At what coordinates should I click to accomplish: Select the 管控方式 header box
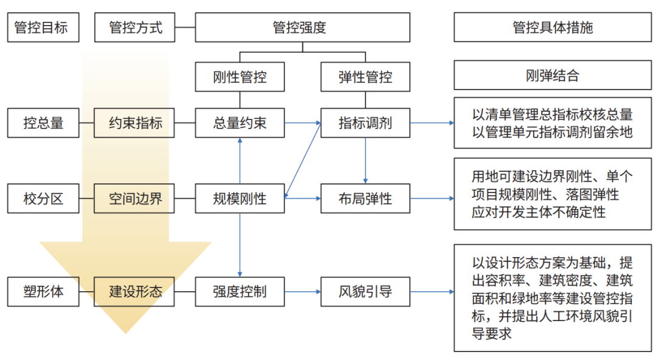[x=135, y=27]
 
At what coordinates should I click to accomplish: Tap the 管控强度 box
[x=302, y=27]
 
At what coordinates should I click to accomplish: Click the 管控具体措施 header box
[x=552, y=27]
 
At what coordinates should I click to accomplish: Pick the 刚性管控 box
[x=239, y=77]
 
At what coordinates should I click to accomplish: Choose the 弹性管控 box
[x=365, y=77]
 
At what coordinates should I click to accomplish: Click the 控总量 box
[x=43, y=123]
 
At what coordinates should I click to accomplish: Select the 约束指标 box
[x=135, y=123]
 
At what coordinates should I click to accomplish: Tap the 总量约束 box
[x=239, y=123]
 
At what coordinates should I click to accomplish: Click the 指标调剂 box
[x=365, y=123]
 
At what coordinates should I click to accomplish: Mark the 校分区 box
[x=43, y=198]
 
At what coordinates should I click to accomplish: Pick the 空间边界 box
[x=135, y=198]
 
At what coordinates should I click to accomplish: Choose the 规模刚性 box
[x=239, y=198]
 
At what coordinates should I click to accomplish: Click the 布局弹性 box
[x=365, y=198]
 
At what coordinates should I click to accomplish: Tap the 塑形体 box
[x=43, y=292]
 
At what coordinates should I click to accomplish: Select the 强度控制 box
[x=239, y=292]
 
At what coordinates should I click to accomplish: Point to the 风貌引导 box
[x=365, y=292]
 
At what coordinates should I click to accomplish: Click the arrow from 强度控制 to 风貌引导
[x=302, y=292]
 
